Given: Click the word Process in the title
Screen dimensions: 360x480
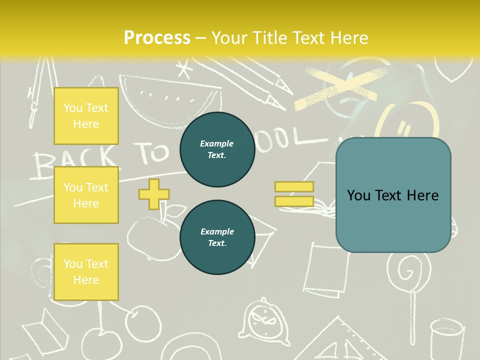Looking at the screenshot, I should (x=157, y=38).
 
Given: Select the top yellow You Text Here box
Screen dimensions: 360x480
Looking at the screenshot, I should (x=86, y=116).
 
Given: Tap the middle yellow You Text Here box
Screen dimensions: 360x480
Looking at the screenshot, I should (x=86, y=195).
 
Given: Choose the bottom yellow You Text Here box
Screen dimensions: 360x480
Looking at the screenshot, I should (x=86, y=272).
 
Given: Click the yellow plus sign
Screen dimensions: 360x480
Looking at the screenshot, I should (x=154, y=194).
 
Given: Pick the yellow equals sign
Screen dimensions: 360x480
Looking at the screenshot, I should (x=294, y=194).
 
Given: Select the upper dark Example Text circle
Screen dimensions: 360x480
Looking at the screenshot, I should (x=217, y=149).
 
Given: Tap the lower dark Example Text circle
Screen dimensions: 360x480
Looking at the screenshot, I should (x=217, y=237).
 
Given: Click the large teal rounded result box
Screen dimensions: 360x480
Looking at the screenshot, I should (x=393, y=195).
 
